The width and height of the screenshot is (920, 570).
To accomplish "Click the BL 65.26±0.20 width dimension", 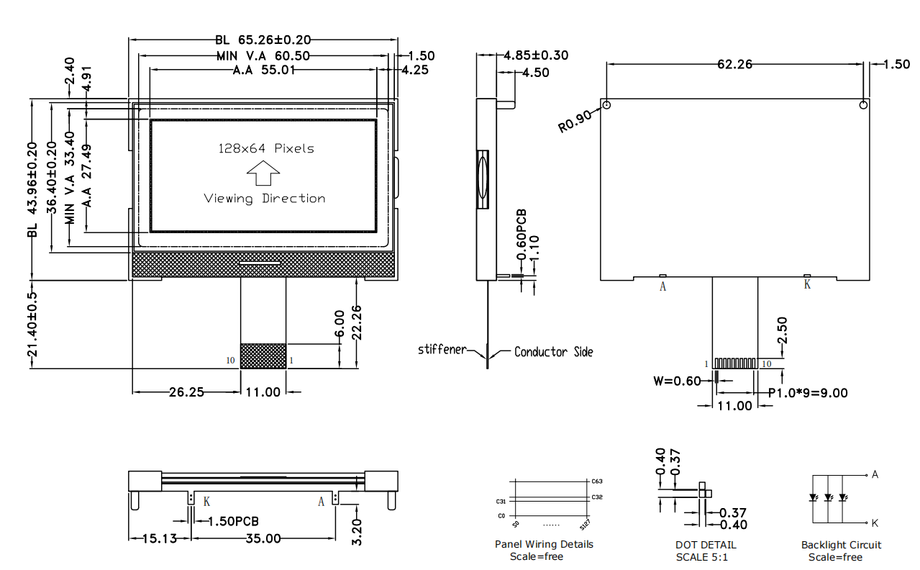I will point(263,40).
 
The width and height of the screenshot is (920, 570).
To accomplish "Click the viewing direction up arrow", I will point(263,173).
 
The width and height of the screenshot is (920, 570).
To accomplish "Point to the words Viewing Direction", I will point(264,199).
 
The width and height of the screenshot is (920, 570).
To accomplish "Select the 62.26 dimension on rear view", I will point(734,64).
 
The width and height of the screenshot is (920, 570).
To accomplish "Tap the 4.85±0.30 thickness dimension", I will point(536,55).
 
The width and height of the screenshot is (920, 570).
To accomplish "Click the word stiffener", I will point(442,350).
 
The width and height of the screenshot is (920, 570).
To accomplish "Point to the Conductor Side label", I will point(553,352).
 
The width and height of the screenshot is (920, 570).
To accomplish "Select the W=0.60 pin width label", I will point(676,381).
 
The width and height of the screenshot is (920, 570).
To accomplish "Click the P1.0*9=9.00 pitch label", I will point(808,393).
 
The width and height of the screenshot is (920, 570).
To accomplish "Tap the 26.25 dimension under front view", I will point(186,392).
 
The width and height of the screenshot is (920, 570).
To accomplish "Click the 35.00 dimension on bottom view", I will point(263,538).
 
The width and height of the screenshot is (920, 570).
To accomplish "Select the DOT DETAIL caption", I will point(706,545).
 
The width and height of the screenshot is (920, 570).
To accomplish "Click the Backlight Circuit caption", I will point(841,545).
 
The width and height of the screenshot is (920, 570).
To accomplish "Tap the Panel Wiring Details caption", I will point(544,544).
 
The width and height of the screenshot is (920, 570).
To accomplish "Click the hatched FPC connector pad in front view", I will point(263,356).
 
